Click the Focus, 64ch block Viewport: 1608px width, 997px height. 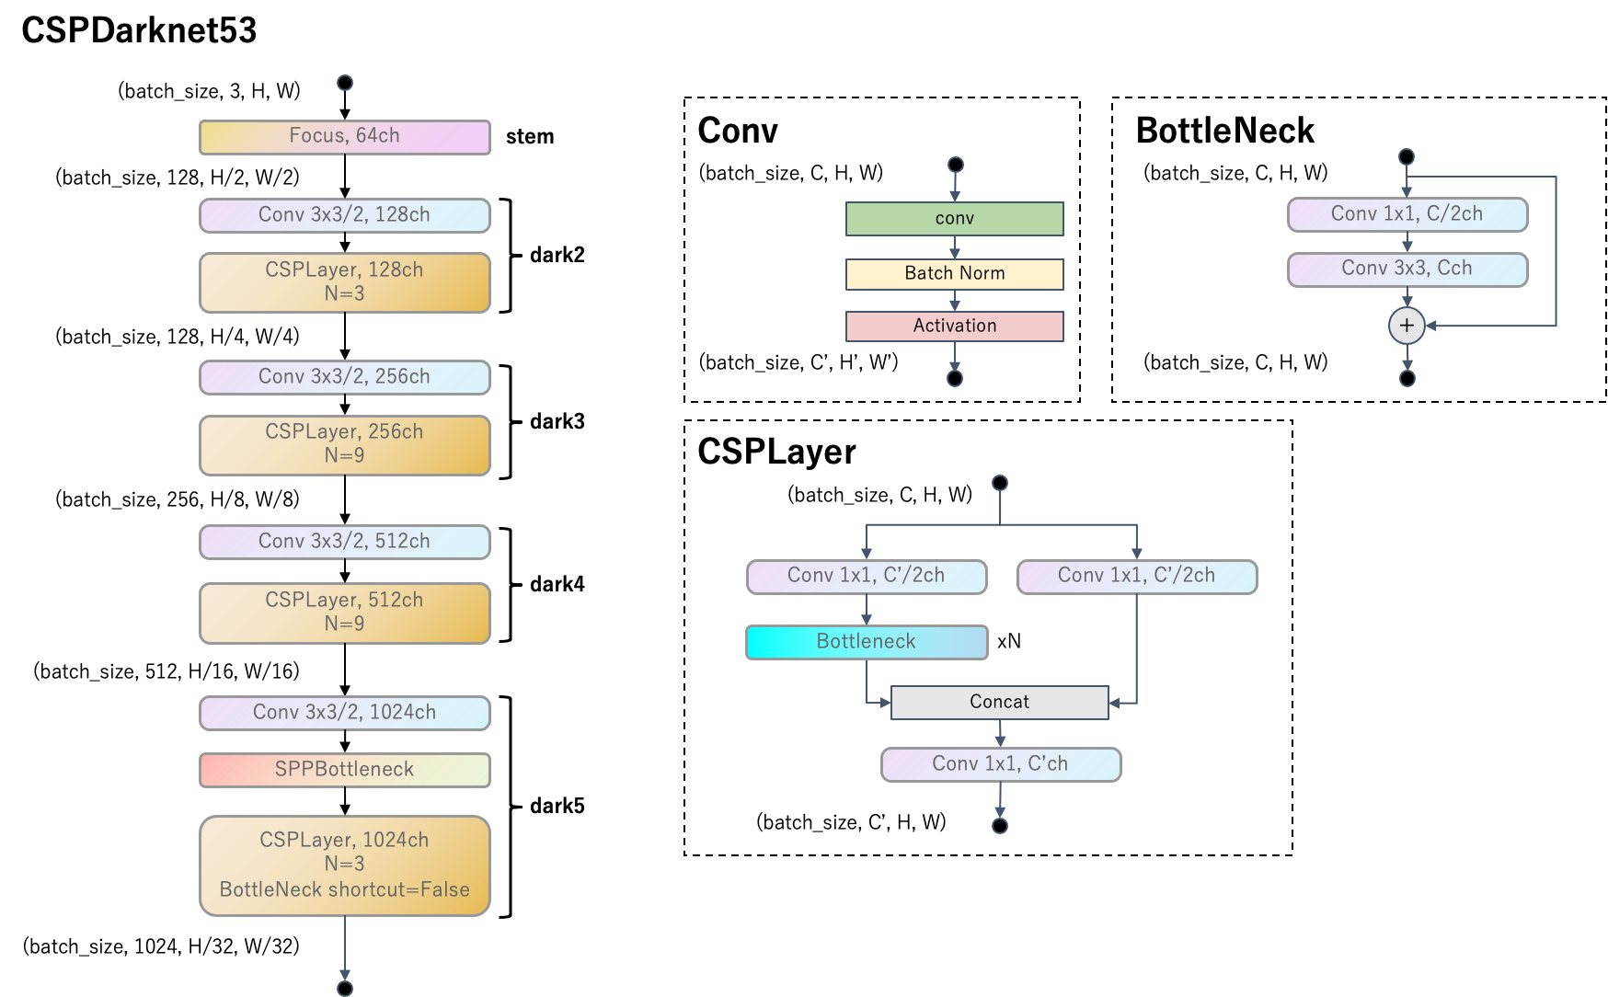click(x=344, y=137)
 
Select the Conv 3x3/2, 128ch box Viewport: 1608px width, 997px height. click(x=344, y=215)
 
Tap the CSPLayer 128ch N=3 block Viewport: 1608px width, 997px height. click(x=344, y=282)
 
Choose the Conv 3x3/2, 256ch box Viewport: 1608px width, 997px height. click(x=344, y=377)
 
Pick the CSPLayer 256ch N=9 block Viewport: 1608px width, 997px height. click(x=344, y=444)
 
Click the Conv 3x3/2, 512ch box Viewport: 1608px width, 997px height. click(x=344, y=542)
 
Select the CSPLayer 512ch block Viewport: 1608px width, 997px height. click(x=344, y=613)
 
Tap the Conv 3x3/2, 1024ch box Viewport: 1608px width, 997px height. click(x=344, y=713)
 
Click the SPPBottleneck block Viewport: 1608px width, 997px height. click(x=344, y=770)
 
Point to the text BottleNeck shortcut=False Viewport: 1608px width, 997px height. click(x=344, y=889)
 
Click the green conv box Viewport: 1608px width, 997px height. click(x=954, y=219)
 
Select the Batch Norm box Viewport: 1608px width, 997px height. click(x=954, y=273)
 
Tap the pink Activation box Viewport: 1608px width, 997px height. click(x=954, y=326)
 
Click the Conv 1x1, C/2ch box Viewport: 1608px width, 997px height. click(x=1407, y=214)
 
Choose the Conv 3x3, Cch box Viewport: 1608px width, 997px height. click(x=1407, y=269)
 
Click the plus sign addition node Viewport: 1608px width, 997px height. click(x=1407, y=326)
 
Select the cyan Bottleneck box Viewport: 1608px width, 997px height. click(x=866, y=642)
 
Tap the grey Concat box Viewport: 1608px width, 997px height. click(x=999, y=702)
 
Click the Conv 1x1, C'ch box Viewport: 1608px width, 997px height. click(x=1000, y=764)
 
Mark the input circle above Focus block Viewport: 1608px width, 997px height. click(x=345, y=83)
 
